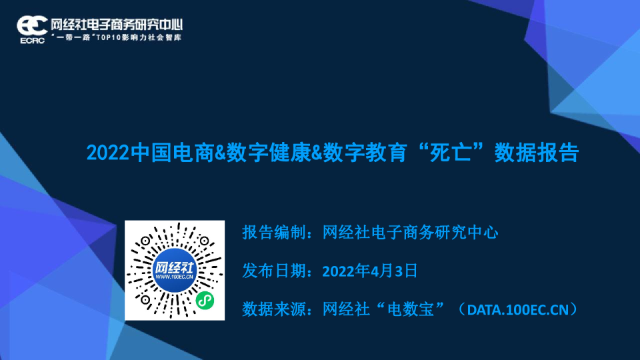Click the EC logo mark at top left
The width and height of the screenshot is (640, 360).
click(32, 24)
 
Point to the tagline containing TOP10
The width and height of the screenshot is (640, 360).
click(116, 37)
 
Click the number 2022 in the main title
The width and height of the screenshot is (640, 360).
click(109, 153)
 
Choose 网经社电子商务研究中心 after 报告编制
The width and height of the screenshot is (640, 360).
click(411, 233)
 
